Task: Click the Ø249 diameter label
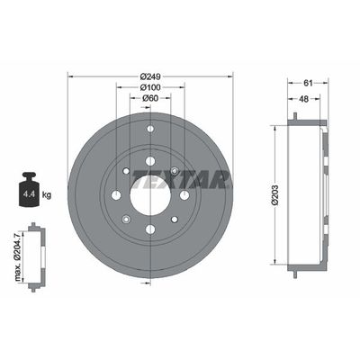[x=149, y=75]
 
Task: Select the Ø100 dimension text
[x=149, y=87]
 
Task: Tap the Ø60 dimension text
[x=149, y=99]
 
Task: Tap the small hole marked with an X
[x=174, y=172]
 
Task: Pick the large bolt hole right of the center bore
[x=184, y=195]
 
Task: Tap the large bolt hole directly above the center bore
[x=149, y=160]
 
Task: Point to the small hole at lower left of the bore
[x=125, y=220]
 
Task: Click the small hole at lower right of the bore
[x=174, y=220]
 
